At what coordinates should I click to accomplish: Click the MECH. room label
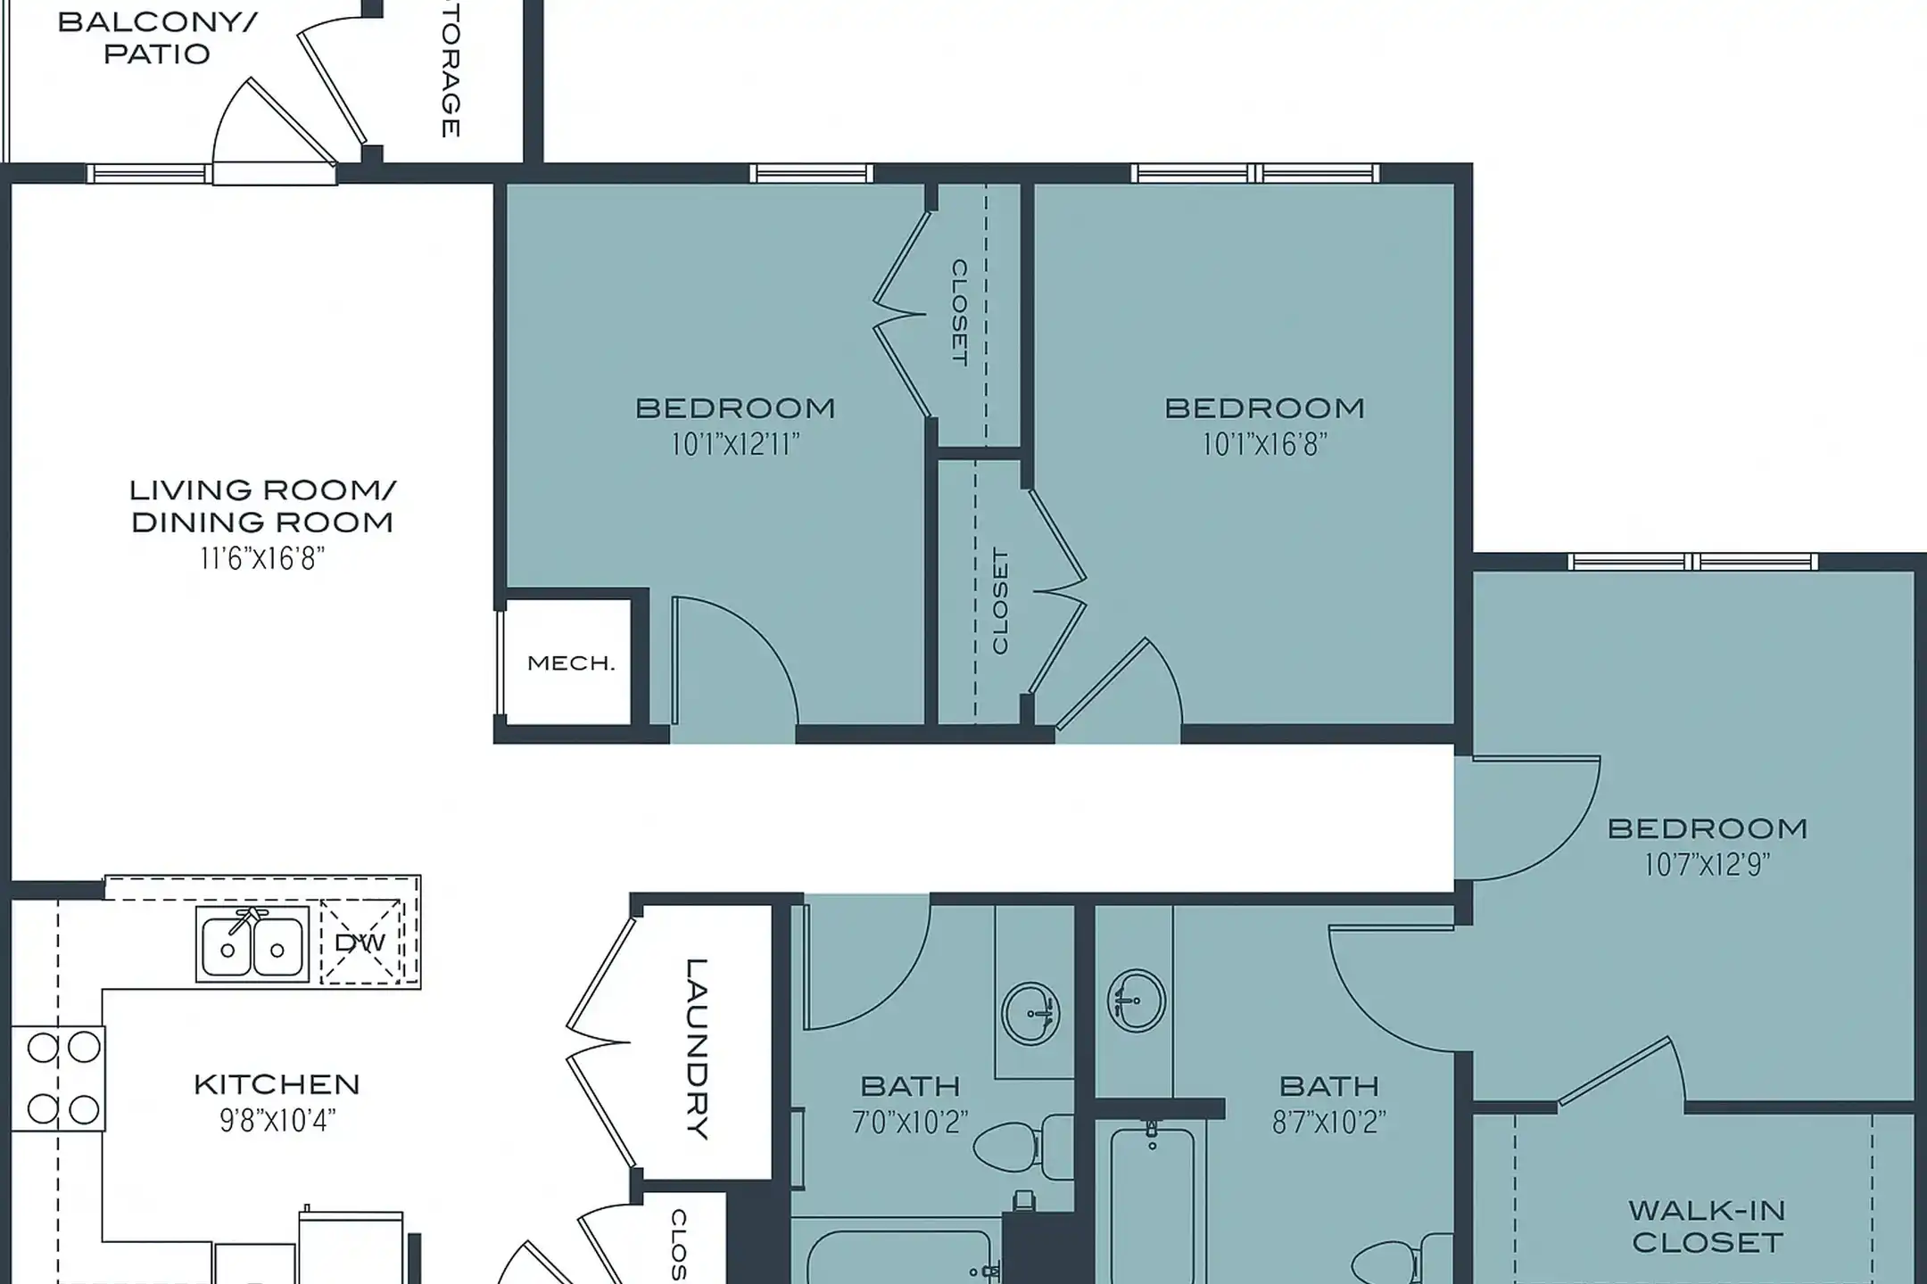[x=571, y=663]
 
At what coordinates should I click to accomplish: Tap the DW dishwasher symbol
[x=361, y=943]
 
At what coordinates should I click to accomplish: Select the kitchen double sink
[x=252, y=945]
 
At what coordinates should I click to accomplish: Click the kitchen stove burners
[x=62, y=1078]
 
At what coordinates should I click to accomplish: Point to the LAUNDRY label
[x=698, y=1049]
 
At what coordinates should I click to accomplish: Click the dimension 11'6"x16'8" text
[x=262, y=559]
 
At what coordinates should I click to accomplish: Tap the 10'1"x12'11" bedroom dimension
[x=735, y=444]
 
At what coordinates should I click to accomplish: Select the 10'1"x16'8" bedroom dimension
[x=1264, y=444]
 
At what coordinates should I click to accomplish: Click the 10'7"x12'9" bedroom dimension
[x=1707, y=865]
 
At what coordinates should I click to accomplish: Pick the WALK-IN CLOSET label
[x=1707, y=1226]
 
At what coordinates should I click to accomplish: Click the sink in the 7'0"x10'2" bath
[x=1031, y=1013]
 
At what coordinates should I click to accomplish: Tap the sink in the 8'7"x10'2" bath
[x=1136, y=1000]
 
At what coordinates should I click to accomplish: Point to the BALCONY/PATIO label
[x=157, y=37]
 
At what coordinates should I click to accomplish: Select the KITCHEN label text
[x=277, y=1085]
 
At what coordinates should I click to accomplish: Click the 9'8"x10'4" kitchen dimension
[x=277, y=1121]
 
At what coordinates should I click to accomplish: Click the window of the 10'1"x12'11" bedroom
[x=810, y=173]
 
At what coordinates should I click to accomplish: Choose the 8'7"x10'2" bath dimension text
[x=1328, y=1122]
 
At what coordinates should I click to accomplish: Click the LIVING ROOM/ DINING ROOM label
[x=262, y=506]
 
